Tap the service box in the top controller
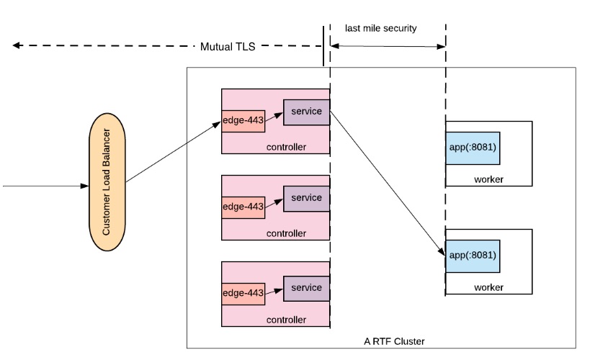tap(306, 112)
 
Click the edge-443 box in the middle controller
tap(243, 207)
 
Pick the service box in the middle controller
tap(306, 198)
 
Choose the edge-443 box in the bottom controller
tap(243, 292)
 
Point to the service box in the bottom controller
tap(306, 288)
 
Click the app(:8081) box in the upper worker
tap(473, 148)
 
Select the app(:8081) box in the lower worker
tap(473, 255)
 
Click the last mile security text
tap(380, 29)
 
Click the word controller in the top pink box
tap(286, 147)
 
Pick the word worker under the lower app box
tap(488, 287)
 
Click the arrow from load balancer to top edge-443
tap(173, 152)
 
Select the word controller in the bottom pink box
tap(286, 320)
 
